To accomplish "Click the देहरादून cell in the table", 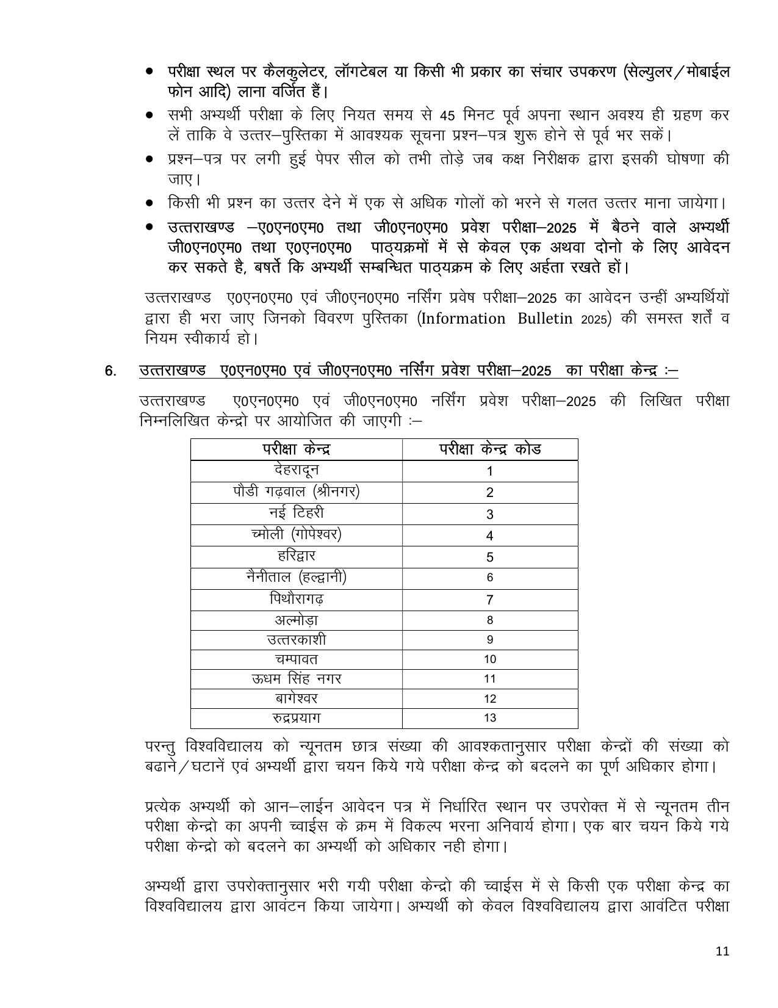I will [297, 471].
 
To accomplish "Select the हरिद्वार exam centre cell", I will [297, 557].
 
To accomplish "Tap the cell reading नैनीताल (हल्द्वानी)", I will [297, 578].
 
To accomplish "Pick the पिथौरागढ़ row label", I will [297, 600].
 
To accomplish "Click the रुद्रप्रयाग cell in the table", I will [297, 718].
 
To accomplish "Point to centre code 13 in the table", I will [490, 718].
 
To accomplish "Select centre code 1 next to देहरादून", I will [490, 471].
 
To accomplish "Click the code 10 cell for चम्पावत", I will [490, 659].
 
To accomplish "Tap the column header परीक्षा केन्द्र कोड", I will [490, 449].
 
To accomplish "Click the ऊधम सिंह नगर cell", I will [297, 679].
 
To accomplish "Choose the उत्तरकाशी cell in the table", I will [297, 640].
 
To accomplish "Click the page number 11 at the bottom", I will [722, 951].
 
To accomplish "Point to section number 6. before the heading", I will [110, 371].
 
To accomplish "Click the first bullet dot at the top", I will [149, 72].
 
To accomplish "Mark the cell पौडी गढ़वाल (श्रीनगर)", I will [297, 492].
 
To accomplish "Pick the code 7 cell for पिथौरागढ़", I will [490, 600].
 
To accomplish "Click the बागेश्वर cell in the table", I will [297, 698].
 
